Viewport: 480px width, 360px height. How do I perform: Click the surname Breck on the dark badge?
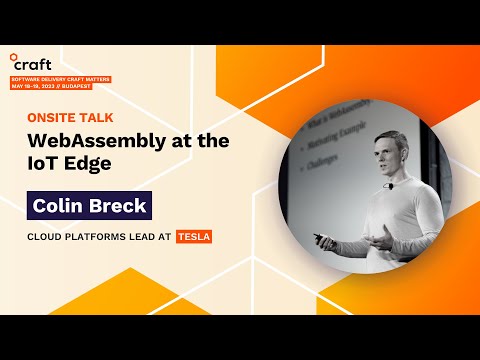[118, 206]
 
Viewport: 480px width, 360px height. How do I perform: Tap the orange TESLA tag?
[194, 238]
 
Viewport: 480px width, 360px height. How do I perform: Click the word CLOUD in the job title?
[45, 238]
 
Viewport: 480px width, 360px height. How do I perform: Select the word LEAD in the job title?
[141, 238]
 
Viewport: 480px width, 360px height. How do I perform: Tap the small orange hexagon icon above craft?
[13, 56]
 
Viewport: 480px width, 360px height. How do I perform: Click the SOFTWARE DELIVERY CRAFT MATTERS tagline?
[60, 78]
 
